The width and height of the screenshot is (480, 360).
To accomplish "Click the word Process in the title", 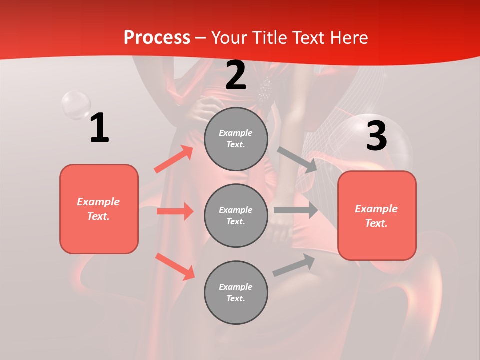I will [157, 38].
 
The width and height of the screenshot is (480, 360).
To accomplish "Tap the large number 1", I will [99, 128].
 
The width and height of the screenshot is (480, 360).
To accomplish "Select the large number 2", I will [236, 75].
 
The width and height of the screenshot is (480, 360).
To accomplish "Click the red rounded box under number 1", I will [99, 209].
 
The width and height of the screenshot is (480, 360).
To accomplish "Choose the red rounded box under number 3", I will [377, 215].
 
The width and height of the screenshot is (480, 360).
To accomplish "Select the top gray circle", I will [236, 139].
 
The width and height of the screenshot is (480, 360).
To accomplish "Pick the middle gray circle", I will [236, 215].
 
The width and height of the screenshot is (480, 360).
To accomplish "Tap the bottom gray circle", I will [236, 292].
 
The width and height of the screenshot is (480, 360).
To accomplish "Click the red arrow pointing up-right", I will [174, 159].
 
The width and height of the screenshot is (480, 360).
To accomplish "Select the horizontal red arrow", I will [175, 211].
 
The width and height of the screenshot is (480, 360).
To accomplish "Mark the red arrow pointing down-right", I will [175, 266].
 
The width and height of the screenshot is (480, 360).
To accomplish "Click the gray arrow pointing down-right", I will [298, 160].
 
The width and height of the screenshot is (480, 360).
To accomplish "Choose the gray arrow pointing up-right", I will [294, 265].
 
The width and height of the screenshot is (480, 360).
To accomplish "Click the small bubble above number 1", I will [76, 105].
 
